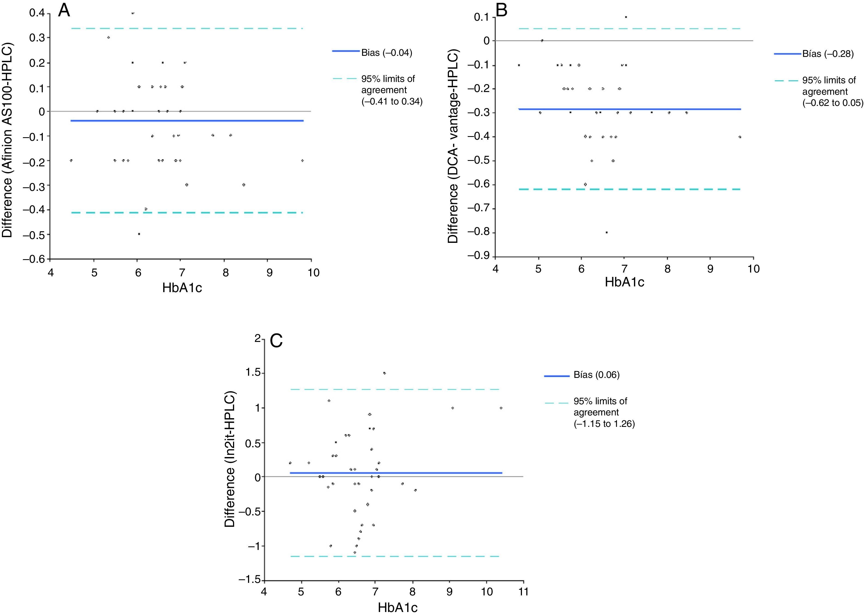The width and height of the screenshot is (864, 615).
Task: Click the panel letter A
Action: (x=64, y=11)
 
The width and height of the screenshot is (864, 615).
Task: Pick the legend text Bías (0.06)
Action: (x=596, y=375)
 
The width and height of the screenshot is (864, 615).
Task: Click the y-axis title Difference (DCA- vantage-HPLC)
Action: (x=453, y=146)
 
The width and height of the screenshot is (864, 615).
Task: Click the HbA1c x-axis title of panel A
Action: (x=182, y=288)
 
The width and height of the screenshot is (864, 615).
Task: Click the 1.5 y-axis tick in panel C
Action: (x=253, y=373)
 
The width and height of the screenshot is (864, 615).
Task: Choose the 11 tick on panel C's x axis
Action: (x=524, y=592)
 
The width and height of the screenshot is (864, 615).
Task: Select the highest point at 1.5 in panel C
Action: (x=384, y=373)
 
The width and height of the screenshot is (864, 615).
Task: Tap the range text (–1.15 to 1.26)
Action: (x=604, y=424)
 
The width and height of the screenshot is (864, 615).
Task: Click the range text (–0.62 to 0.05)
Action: (x=833, y=103)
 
